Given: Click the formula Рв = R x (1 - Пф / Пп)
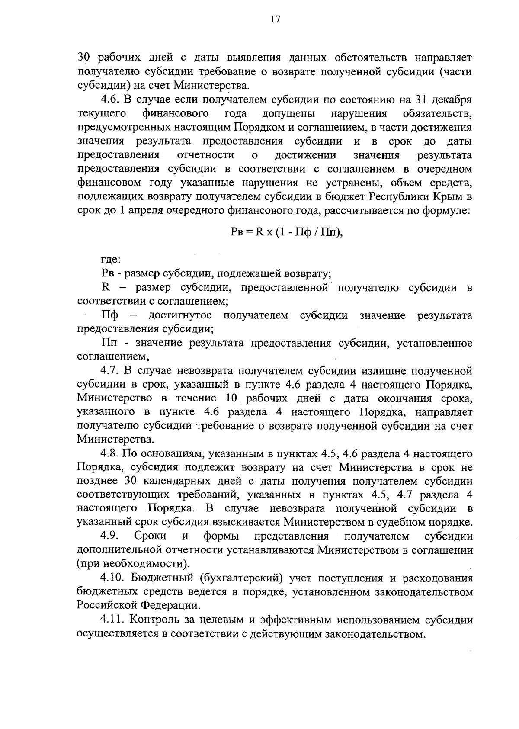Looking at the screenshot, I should click(x=287, y=231).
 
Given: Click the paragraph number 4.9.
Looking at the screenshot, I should click(x=109, y=536).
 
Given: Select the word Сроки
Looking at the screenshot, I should click(x=150, y=536).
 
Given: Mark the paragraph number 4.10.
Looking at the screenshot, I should click(x=112, y=578).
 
